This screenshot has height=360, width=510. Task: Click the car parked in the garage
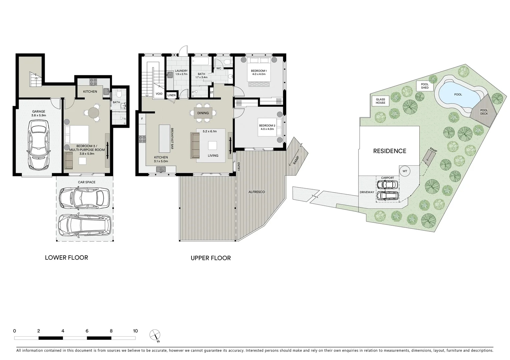point(38,145)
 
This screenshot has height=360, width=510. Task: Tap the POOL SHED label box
point(425,86)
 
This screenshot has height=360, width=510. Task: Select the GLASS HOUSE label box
point(381,101)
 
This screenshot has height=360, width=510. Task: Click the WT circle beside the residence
point(405,171)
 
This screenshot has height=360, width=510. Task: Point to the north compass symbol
point(155,335)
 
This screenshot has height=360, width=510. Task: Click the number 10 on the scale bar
point(135,331)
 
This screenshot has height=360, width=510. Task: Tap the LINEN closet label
point(171,95)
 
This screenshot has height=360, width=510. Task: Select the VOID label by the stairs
point(159,94)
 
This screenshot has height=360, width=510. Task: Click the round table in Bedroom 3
point(93,113)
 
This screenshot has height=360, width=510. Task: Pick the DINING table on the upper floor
point(203,113)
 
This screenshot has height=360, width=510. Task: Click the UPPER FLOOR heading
point(210,258)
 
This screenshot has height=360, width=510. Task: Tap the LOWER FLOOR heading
point(66,258)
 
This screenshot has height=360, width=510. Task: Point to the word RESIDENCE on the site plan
point(390,151)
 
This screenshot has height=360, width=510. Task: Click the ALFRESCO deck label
point(257,192)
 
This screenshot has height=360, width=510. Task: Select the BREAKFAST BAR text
point(172,138)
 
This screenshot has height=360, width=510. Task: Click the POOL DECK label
point(484,112)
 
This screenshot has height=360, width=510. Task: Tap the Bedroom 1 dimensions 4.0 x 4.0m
point(259,74)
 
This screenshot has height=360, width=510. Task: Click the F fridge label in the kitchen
point(142,119)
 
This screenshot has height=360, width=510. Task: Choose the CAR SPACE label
point(86,182)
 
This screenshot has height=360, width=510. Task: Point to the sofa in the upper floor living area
point(195,145)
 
